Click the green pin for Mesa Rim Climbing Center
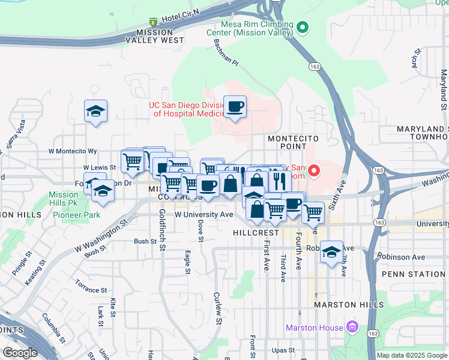click(x=303, y=28)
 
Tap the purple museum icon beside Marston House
click(x=352, y=328)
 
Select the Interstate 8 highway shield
click(x=153, y=22)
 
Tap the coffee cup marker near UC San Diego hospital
click(x=235, y=107)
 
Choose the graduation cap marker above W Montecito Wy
click(x=95, y=112)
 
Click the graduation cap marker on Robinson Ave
click(x=331, y=253)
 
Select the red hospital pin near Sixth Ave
click(x=313, y=172)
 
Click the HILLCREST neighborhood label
click(x=258, y=232)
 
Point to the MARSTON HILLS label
click(x=349, y=305)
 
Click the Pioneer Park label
click(x=76, y=215)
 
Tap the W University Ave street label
click(x=203, y=214)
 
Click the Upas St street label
click(x=283, y=350)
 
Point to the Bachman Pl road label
click(x=226, y=53)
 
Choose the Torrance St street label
click(x=91, y=286)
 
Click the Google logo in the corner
click(x=20, y=353)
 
